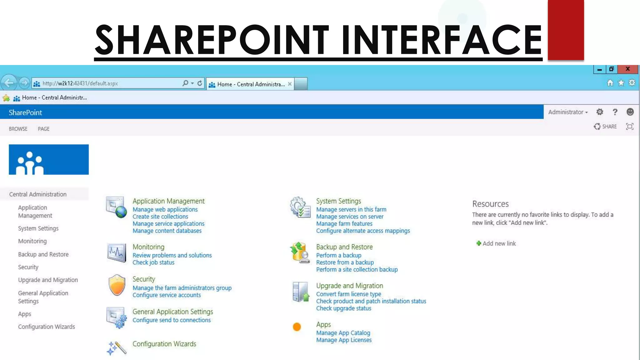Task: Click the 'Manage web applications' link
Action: click(165, 209)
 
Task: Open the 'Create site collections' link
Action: click(160, 217)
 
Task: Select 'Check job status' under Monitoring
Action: click(153, 262)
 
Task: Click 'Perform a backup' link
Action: click(339, 255)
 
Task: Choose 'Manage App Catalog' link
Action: click(343, 333)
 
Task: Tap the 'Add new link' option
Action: click(499, 243)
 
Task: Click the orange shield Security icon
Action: click(117, 285)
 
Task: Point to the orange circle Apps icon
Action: click(297, 327)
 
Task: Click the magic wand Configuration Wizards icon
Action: click(117, 348)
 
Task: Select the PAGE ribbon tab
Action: click(43, 129)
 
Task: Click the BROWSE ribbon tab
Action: click(18, 129)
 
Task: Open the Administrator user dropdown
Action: click(568, 112)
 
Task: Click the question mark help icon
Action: click(615, 112)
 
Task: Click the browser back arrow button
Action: click(9, 83)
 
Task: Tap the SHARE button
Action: click(605, 127)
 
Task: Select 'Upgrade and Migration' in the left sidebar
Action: click(48, 280)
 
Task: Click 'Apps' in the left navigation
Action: click(25, 314)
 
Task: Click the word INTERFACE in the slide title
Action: click(442, 40)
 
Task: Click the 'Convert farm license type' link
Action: click(348, 294)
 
